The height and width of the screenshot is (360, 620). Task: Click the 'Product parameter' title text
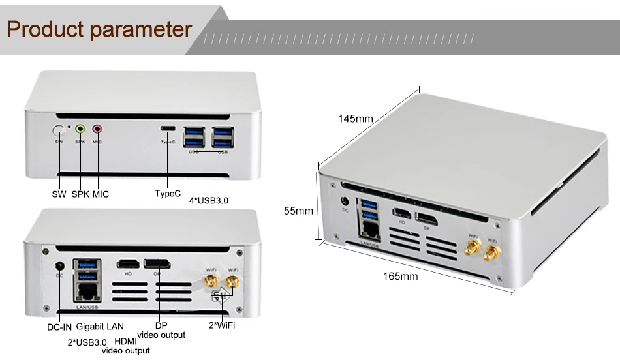pos(100,29)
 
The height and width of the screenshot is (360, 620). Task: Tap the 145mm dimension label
pos(355,119)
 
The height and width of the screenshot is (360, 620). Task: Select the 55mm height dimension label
pos(298,211)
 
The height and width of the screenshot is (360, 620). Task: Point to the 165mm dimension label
pos(400,277)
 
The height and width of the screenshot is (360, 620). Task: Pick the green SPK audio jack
pos(80,130)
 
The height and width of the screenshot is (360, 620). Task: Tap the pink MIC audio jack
pos(97,130)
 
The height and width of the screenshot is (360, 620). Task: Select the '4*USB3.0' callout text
pos(208,200)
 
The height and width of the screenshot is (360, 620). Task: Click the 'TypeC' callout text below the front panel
pos(168,194)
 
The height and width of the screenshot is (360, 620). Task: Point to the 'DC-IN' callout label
pos(59,326)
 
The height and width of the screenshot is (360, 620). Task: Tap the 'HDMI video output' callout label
pos(126,346)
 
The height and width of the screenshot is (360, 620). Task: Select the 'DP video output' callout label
pos(161,330)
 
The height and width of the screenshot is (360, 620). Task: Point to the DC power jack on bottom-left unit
pos(59,265)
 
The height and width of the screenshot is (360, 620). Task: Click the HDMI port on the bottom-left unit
pos(128,264)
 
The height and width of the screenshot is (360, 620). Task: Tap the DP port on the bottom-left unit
pos(157,264)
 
